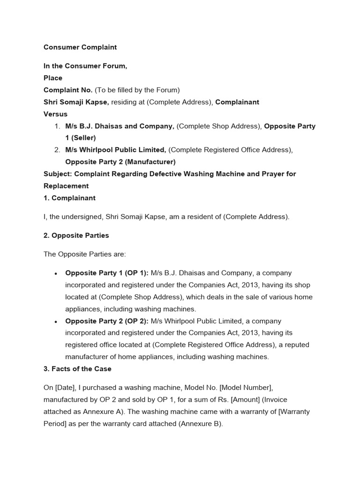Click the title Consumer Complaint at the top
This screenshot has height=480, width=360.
[x=80, y=47]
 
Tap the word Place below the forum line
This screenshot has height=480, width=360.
[x=53, y=78]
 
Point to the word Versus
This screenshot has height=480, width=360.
[x=55, y=114]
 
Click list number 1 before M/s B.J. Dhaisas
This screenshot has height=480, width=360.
[x=57, y=126]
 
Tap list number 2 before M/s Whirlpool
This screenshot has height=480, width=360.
[x=57, y=150]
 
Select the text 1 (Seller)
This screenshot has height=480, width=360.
[x=80, y=138]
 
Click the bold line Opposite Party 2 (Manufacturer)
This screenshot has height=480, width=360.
[x=120, y=162]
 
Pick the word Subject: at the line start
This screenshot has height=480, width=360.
[x=57, y=174]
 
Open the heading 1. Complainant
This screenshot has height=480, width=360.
[x=69, y=198]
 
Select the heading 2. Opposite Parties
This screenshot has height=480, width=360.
[x=76, y=235]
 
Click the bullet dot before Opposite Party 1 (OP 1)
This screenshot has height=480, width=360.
[x=56, y=274]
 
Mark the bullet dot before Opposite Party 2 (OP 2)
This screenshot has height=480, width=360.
[x=56, y=322]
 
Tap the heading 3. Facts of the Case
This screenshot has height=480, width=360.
[x=77, y=369]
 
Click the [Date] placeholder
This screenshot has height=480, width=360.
[x=65, y=388]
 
